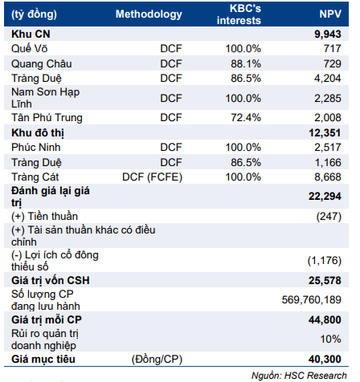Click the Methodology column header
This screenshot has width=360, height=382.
[x=149, y=14]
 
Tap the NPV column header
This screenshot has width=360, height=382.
[x=330, y=14]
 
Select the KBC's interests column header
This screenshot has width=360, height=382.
[x=239, y=14]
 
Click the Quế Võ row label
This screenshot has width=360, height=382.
[x=29, y=48]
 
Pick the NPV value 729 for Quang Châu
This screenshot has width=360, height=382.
[x=332, y=63]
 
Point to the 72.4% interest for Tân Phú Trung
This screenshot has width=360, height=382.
[x=246, y=117]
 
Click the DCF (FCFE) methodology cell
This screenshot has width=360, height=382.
[x=152, y=177]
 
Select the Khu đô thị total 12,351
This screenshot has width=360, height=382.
[x=325, y=132]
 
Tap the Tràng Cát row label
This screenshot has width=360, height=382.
[x=35, y=177]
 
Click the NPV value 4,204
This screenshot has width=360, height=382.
[x=328, y=79]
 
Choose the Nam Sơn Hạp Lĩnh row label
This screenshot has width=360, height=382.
[x=45, y=98]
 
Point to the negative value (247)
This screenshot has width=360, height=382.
[x=329, y=217]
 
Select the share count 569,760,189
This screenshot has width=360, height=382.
[x=312, y=299]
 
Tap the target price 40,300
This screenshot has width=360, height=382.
[x=325, y=359]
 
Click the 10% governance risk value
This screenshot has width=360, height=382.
[x=330, y=339]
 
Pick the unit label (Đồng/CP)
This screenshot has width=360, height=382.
[x=157, y=360]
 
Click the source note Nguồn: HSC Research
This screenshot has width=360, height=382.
[x=299, y=376]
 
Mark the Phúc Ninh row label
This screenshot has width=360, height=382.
[x=36, y=148]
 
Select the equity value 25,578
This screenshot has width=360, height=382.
[x=325, y=280]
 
